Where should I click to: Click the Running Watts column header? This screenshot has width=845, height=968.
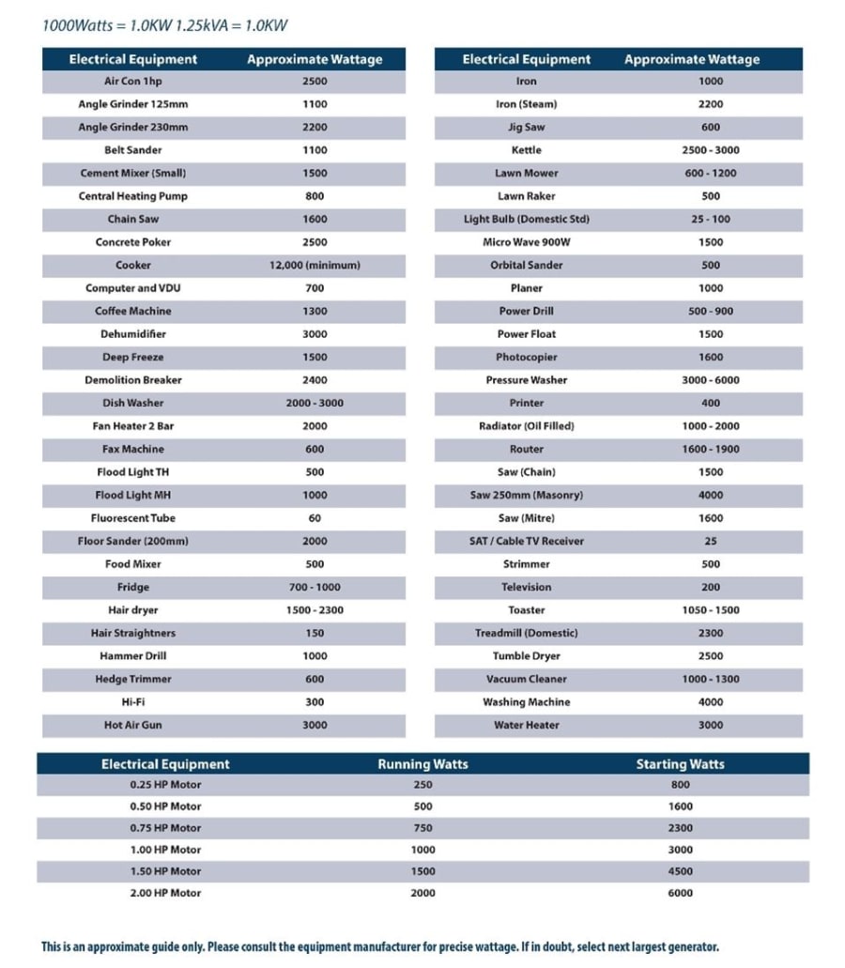pos(422,764)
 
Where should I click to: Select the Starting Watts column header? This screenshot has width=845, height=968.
pos(680,764)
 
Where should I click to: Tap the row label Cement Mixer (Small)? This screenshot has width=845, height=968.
pos(132,173)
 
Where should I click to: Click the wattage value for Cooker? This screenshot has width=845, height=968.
pos(315,265)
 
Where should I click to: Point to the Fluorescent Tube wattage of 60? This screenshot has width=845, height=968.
pos(315,518)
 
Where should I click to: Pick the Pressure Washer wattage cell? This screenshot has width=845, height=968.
pos(711,380)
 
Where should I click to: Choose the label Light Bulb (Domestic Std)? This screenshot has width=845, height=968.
pos(527,219)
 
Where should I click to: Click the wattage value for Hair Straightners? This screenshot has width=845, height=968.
pos(315,633)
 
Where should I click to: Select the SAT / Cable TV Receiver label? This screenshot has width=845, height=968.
pos(527,541)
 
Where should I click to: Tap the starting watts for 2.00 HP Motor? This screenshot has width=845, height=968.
pos(680,893)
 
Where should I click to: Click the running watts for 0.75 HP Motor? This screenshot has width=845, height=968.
pos(422,828)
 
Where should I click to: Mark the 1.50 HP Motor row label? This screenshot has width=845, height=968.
pos(165,871)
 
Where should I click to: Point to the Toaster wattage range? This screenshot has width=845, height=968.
pos(711,610)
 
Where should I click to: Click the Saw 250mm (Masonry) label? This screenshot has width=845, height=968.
pos(527,495)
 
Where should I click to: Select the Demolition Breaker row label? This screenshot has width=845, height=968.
pos(132,380)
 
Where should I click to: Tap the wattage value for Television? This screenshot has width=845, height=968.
pos(711,587)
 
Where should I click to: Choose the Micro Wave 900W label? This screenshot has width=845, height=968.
pos(527,242)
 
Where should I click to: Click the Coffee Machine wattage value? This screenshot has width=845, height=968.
pos(315,311)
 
